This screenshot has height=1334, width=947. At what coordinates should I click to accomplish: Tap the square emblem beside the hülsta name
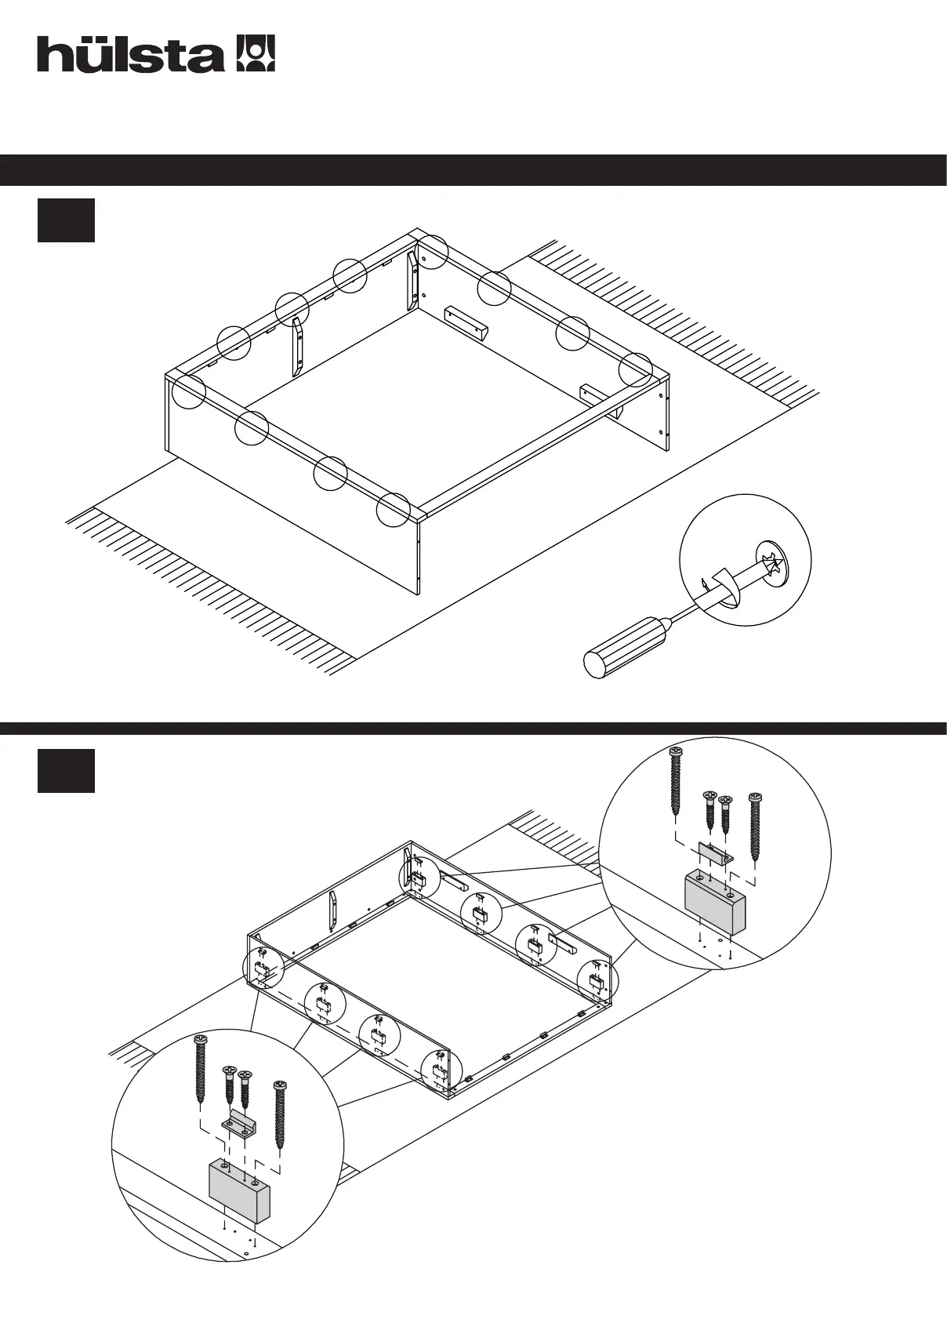coord(256,53)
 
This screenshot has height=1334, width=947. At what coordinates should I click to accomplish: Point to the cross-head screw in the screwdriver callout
coord(773,563)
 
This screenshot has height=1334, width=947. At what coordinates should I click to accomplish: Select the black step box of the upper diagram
coord(66,220)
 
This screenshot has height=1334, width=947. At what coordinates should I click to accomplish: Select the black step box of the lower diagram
coord(66,771)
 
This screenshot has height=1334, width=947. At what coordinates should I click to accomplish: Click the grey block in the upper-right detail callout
coord(715,904)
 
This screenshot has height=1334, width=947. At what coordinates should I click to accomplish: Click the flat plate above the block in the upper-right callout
coord(715,853)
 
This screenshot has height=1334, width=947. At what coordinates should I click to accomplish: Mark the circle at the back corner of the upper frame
coord(430,251)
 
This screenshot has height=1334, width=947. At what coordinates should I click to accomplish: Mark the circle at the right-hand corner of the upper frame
coord(635,369)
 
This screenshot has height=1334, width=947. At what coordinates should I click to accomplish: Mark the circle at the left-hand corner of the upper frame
coord(188,391)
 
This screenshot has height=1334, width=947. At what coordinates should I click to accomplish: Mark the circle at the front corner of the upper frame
coord(393,510)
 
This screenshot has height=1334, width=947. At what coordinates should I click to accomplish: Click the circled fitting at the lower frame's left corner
coord(262,970)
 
